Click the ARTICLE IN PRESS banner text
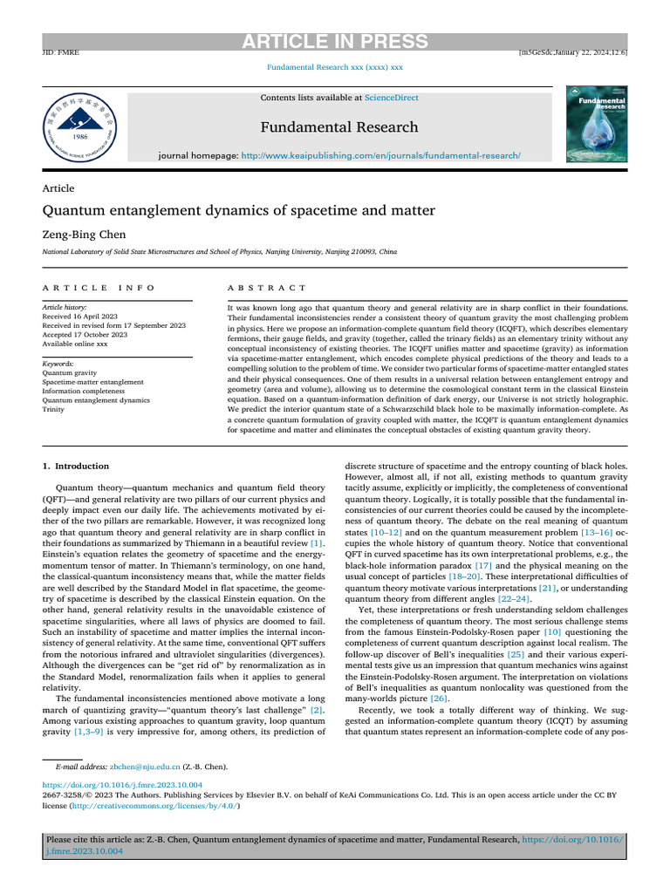(335, 42)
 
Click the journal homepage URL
(380, 154)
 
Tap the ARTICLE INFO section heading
(99, 288)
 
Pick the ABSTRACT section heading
(267, 288)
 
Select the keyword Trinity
(54, 408)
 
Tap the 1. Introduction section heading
(76, 466)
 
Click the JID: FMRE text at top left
(61, 53)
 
